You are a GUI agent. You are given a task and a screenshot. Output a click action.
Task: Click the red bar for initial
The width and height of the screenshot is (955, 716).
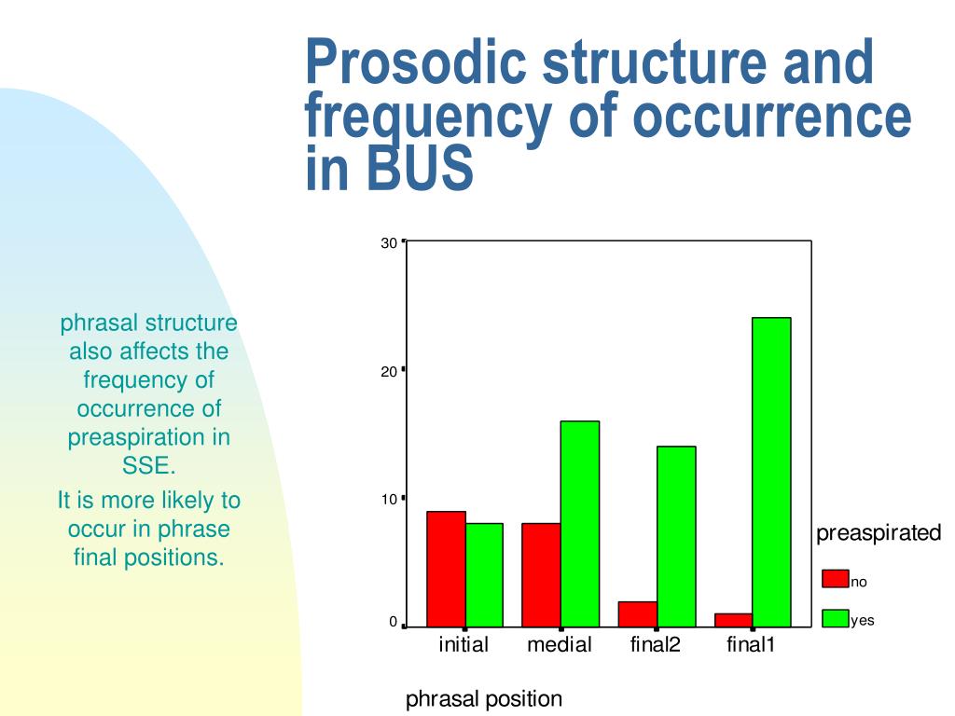point(446,569)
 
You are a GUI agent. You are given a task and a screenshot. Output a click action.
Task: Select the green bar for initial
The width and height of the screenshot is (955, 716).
point(484,574)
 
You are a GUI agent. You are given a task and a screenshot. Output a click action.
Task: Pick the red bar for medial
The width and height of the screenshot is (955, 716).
point(541,574)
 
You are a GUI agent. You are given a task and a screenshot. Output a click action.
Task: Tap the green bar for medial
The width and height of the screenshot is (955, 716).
point(580,524)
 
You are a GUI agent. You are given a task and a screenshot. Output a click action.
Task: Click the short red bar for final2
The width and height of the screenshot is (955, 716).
point(637,613)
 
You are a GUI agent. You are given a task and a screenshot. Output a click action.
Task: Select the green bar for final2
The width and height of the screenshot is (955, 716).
point(676,536)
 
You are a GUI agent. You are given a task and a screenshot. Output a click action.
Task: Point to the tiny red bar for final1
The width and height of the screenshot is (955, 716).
point(733,620)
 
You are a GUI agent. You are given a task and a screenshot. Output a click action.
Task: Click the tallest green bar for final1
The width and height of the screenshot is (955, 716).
point(771,472)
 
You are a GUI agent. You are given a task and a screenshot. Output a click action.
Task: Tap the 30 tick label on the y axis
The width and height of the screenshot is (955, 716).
point(388,243)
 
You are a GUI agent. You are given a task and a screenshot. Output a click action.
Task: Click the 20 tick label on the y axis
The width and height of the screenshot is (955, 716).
point(388,372)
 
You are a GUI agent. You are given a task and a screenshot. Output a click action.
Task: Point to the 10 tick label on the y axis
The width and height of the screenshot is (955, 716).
point(388,500)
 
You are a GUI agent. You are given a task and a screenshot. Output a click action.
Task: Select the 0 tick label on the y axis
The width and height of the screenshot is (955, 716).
point(393,622)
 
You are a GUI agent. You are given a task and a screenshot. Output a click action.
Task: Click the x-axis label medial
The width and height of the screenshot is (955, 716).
point(560,645)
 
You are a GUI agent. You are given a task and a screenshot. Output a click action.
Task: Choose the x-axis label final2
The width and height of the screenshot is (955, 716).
point(656,645)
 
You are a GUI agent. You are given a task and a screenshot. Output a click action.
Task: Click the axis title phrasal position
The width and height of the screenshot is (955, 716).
point(484,699)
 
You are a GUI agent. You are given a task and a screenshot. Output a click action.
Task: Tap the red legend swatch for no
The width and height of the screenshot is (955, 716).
point(835,579)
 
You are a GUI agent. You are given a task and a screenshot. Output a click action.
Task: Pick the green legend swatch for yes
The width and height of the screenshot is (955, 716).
point(835,617)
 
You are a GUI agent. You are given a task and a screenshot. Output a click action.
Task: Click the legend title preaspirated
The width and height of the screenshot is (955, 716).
point(879,533)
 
